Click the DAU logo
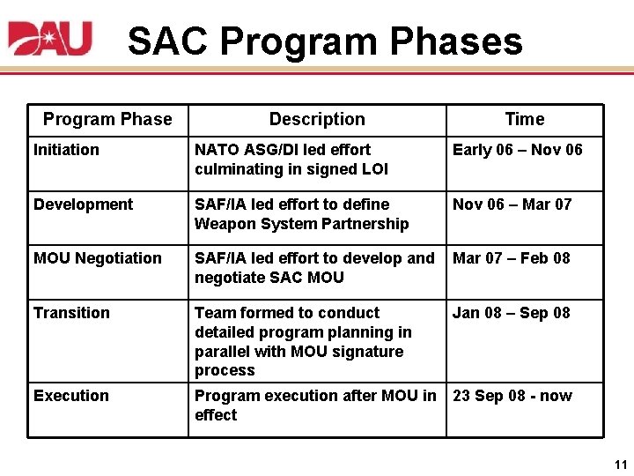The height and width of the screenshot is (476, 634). (x=49, y=39)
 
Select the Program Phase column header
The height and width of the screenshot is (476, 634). (x=107, y=119)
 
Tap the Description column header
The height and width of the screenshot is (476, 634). (x=317, y=119)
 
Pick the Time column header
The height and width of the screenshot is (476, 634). (x=525, y=119)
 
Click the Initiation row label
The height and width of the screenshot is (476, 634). (x=66, y=150)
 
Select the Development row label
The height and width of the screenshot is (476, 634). (x=83, y=205)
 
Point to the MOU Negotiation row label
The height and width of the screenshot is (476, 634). (x=98, y=258)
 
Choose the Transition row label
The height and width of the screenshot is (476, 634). (x=71, y=313)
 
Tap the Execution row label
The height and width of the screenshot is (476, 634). (x=71, y=396)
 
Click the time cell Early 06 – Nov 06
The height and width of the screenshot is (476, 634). (x=518, y=150)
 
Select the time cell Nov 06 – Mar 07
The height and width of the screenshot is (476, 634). (x=512, y=205)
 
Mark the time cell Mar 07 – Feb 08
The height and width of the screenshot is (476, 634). (x=512, y=258)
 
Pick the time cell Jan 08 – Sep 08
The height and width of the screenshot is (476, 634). (x=512, y=313)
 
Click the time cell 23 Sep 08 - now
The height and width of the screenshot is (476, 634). (x=512, y=396)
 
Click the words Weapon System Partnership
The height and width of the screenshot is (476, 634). (x=301, y=224)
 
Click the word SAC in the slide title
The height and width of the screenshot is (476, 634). (x=167, y=41)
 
